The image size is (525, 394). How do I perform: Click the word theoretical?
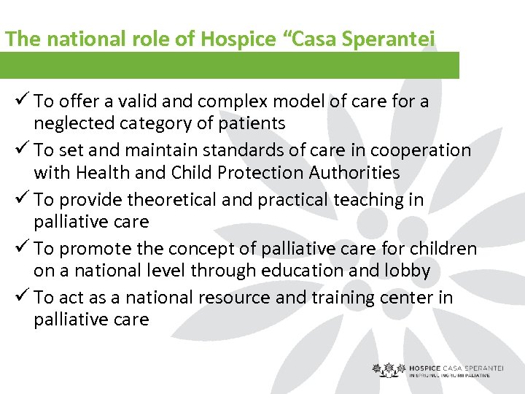(x=149, y=200)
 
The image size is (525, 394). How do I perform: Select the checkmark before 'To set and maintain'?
(x=20, y=150)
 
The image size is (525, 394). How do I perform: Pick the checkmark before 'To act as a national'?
(x=20, y=297)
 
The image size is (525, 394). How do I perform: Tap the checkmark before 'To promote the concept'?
(x=20, y=248)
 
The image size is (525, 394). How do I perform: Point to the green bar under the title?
(x=230, y=65)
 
